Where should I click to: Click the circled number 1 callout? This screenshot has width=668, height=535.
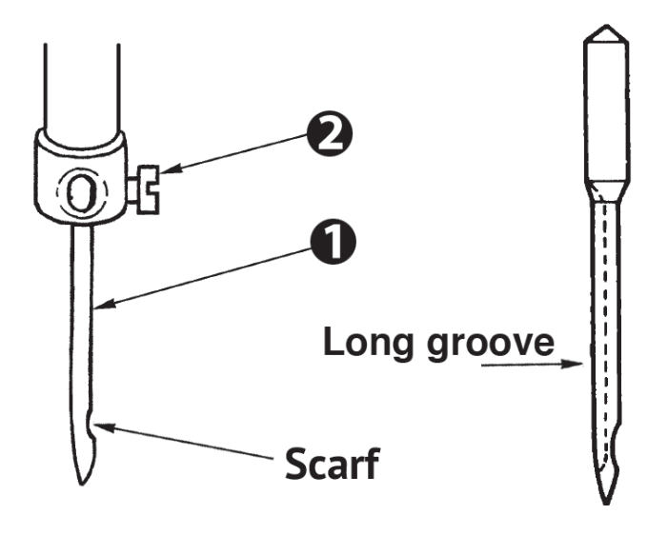(x=333, y=242)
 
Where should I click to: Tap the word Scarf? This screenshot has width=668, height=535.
(x=332, y=464)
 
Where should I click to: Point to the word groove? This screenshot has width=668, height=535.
(x=491, y=346)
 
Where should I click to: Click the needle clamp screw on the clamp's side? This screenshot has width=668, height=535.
(x=145, y=189)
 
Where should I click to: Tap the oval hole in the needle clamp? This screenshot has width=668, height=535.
(x=81, y=192)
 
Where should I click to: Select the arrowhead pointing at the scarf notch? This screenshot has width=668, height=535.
(x=105, y=426)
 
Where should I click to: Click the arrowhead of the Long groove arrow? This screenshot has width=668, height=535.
(x=572, y=364)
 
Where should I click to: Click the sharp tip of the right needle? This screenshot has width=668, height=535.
(x=606, y=503)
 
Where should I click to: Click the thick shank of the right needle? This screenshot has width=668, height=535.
(x=606, y=111)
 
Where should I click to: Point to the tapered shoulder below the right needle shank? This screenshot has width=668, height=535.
(x=606, y=190)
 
